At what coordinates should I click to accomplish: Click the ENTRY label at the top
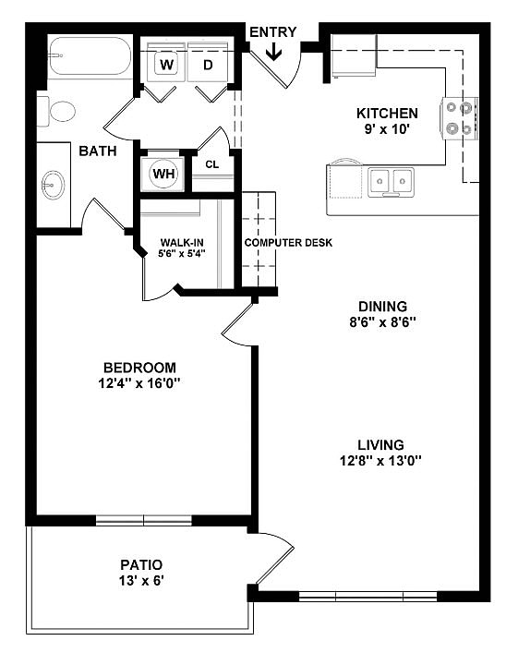click(272, 32)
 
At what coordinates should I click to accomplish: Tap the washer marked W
click(167, 64)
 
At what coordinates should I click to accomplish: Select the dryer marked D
click(208, 64)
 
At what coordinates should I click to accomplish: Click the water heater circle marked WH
click(163, 173)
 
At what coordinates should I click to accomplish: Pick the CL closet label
click(211, 164)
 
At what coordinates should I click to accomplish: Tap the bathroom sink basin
click(53, 185)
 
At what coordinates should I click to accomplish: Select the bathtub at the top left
click(89, 56)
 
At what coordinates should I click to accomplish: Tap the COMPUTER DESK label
click(288, 243)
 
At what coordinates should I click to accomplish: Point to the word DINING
click(382, 307)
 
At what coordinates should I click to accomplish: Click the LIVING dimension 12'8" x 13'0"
click(382, 460)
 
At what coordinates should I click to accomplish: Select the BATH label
click(97, 151)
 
